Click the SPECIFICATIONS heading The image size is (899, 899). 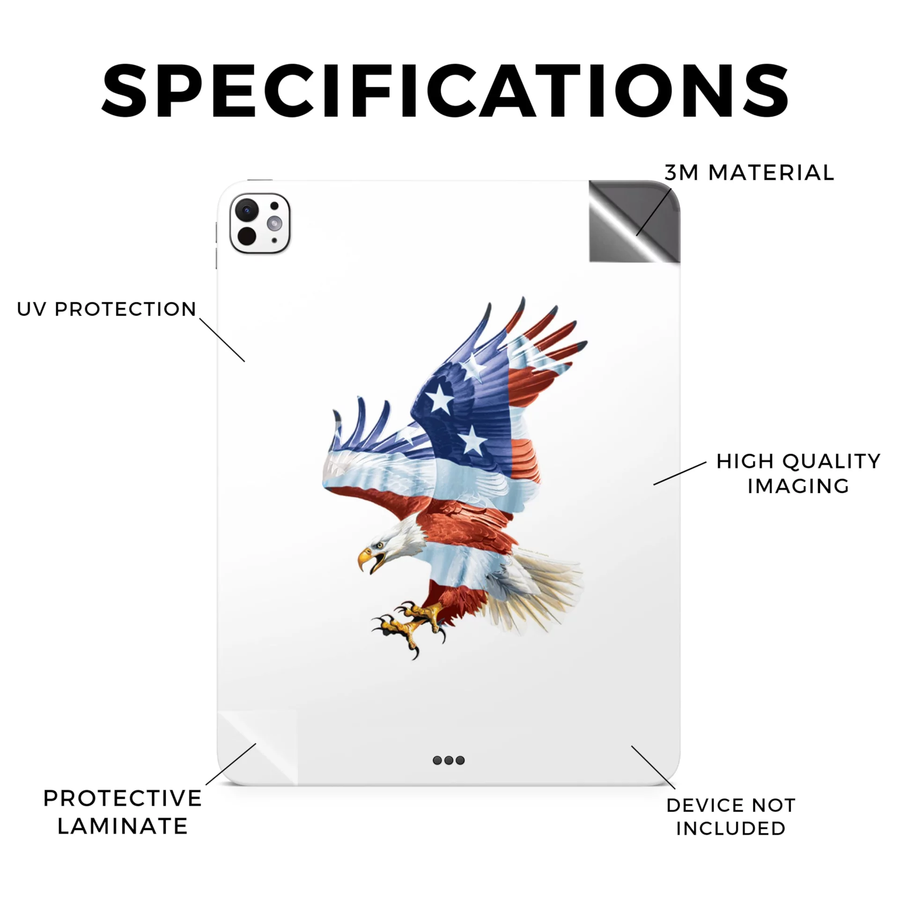click(x=445, y=90)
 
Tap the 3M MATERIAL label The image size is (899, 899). click(x=749, y=173)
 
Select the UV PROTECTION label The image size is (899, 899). click(x=106, y=309)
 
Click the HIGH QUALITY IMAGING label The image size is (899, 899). click(x=798, y=473)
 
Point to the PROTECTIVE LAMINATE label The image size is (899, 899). click(x=123, y=812)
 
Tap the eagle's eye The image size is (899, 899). click(x=380, y=545)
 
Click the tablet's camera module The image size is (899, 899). click(x=260, y=223)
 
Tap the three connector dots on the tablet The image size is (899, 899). click(x=449, y=760)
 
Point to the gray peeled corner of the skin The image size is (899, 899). click(x=634, y=221)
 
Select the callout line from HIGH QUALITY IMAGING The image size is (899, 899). click(x=680, y=473)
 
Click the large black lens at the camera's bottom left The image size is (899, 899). click(x=247, y=236)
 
